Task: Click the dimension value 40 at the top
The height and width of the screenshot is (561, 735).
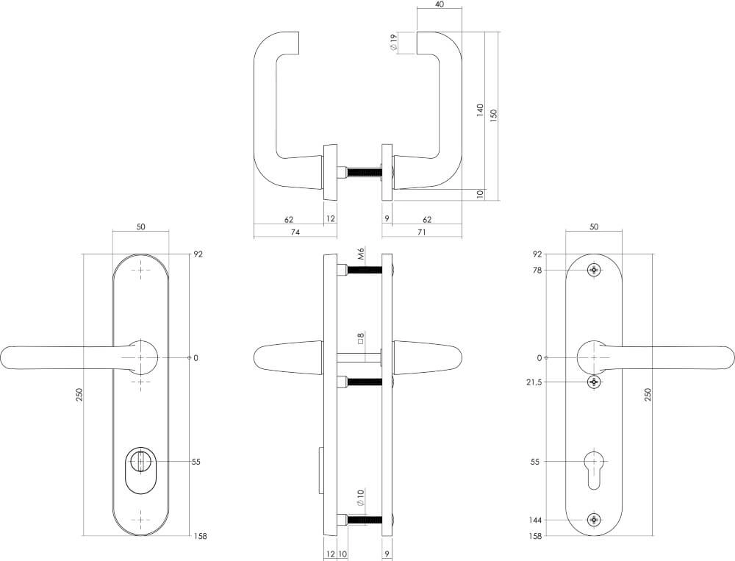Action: pyautogui.click(x=439, y=5)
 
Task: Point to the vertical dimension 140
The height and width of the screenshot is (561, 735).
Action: pyautogui.click(x=480, y=110)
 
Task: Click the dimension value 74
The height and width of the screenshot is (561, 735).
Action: pyautogui.click(x=295, y=232)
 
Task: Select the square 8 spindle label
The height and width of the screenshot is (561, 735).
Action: pyautogui.click(x=360, y=339)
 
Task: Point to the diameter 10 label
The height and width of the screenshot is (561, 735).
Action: pyautogui.click(x=360, y=498)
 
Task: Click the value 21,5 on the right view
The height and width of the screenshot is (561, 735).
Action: pyautogui.click(x=534, y=382)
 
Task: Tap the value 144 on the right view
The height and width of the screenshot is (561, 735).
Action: pyautogui.click(x=535, y=520)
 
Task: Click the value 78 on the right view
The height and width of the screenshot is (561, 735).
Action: pyautogui.click(x=537, y=270)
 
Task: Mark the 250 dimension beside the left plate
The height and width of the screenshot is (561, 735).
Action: pyautogui.click(x=79, y=395)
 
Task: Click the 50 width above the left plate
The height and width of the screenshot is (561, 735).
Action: pyautogui.click(x=140, y=226)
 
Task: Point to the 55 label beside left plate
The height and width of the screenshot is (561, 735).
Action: pyautogui.click(x=196, y=462)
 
